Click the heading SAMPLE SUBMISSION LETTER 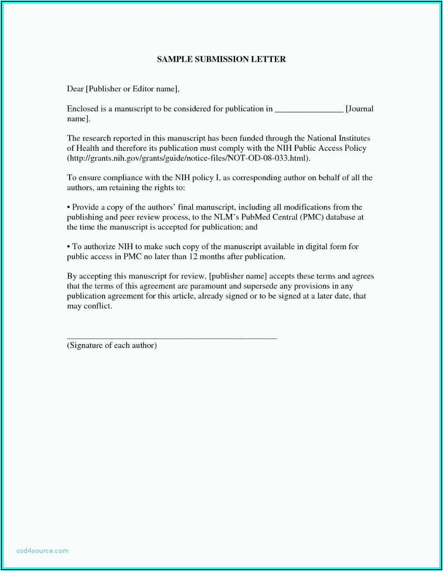coord(221,59)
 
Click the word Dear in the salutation coord(75,89)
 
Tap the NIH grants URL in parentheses coord(188,158)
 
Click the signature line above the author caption coord(172,338)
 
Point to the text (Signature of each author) coord(112,345)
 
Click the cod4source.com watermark coord(42,550)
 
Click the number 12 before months coord(193,257)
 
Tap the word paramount coord(208,286)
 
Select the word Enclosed coord(83,108)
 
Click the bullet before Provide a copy coord(69,207)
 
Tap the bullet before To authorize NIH coord(69,247)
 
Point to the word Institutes coord(354,138)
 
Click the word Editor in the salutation coord(143,89)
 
